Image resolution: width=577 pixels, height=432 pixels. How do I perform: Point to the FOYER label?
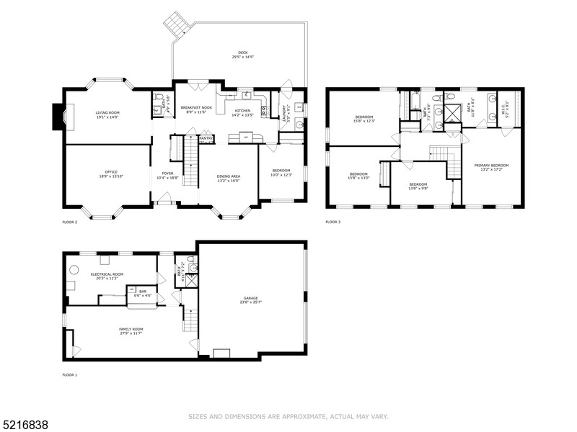tap(167, 174)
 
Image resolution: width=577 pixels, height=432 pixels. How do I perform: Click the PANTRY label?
tap(206, 139)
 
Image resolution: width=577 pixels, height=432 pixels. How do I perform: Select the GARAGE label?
tap(251, 299)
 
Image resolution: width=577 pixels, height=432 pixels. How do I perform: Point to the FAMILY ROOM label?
tap(131, 330)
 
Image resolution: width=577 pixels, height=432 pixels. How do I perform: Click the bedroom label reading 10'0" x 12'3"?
tap(281, 172)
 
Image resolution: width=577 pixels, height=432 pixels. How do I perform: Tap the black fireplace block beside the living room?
tap(56, 117)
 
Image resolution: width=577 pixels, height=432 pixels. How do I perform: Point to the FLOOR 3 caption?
tap(332, 222)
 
